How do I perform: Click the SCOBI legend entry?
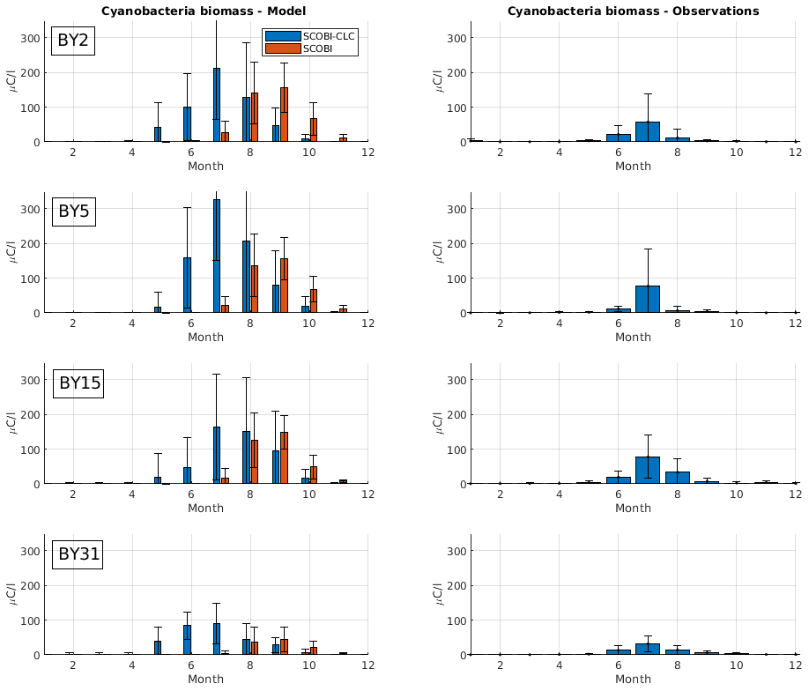coord(316,48)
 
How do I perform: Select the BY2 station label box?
coord(73,41)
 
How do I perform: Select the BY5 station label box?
coord(73,212)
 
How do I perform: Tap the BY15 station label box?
coord(78,383)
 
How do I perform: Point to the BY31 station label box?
coord(78,554)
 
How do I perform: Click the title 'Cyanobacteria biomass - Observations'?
coord(633,11)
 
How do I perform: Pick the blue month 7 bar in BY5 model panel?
coord(217,256)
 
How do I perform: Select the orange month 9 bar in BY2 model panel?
coord(284,115)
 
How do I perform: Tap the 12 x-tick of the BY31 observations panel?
coord(795,665)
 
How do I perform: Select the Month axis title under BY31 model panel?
coord(205,680)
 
